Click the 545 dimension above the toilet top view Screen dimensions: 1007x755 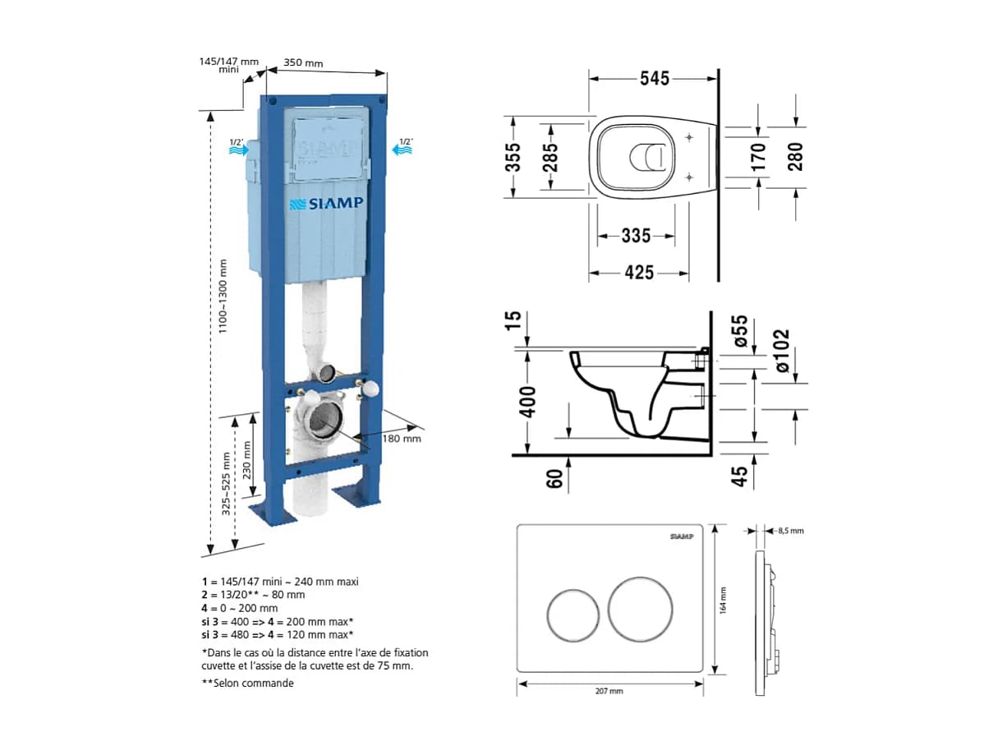[654, 78]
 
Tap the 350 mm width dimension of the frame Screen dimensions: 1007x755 [303, 62]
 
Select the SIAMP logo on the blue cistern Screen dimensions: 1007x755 [326, 203]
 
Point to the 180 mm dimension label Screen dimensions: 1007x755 [402, 439]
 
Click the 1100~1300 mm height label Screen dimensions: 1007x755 [223, 297]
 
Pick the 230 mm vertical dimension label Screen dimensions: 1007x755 [247, 460]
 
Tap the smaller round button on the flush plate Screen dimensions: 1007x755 [572, 615]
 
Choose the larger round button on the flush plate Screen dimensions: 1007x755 [640, 609]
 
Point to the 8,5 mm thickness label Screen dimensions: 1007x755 [790, 531]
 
